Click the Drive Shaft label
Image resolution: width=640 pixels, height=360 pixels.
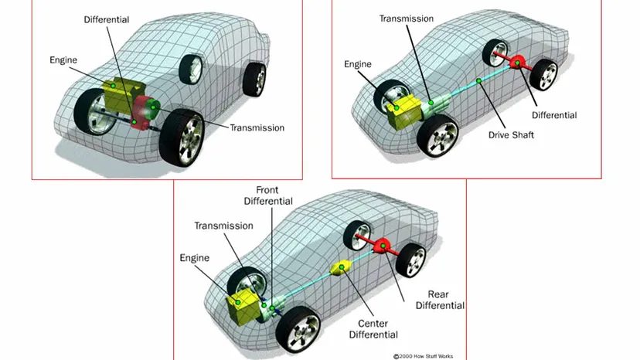511,134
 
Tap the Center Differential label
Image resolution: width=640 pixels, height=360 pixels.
373,329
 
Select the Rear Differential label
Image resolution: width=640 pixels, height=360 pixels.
440,300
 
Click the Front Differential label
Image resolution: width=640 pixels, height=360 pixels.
268,195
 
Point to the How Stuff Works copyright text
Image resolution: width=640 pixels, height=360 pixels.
424,356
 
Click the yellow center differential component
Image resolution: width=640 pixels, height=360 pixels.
341,267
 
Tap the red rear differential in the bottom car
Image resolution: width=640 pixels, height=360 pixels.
383,246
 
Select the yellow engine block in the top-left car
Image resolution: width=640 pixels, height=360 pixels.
121,95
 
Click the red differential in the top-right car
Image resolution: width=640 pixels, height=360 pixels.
517,63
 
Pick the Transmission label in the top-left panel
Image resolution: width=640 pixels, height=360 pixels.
257,127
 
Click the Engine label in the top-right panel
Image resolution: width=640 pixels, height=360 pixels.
358,64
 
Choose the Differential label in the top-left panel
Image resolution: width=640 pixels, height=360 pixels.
106,19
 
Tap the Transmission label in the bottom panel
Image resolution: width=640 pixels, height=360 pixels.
223,226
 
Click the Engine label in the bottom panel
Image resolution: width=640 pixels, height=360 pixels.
194,258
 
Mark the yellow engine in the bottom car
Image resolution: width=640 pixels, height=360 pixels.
243,307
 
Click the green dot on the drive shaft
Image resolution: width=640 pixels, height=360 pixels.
478,81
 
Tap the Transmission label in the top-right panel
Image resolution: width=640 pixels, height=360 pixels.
406,19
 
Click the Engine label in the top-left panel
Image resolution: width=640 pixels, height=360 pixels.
63,60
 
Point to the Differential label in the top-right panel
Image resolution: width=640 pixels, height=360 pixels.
554,115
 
